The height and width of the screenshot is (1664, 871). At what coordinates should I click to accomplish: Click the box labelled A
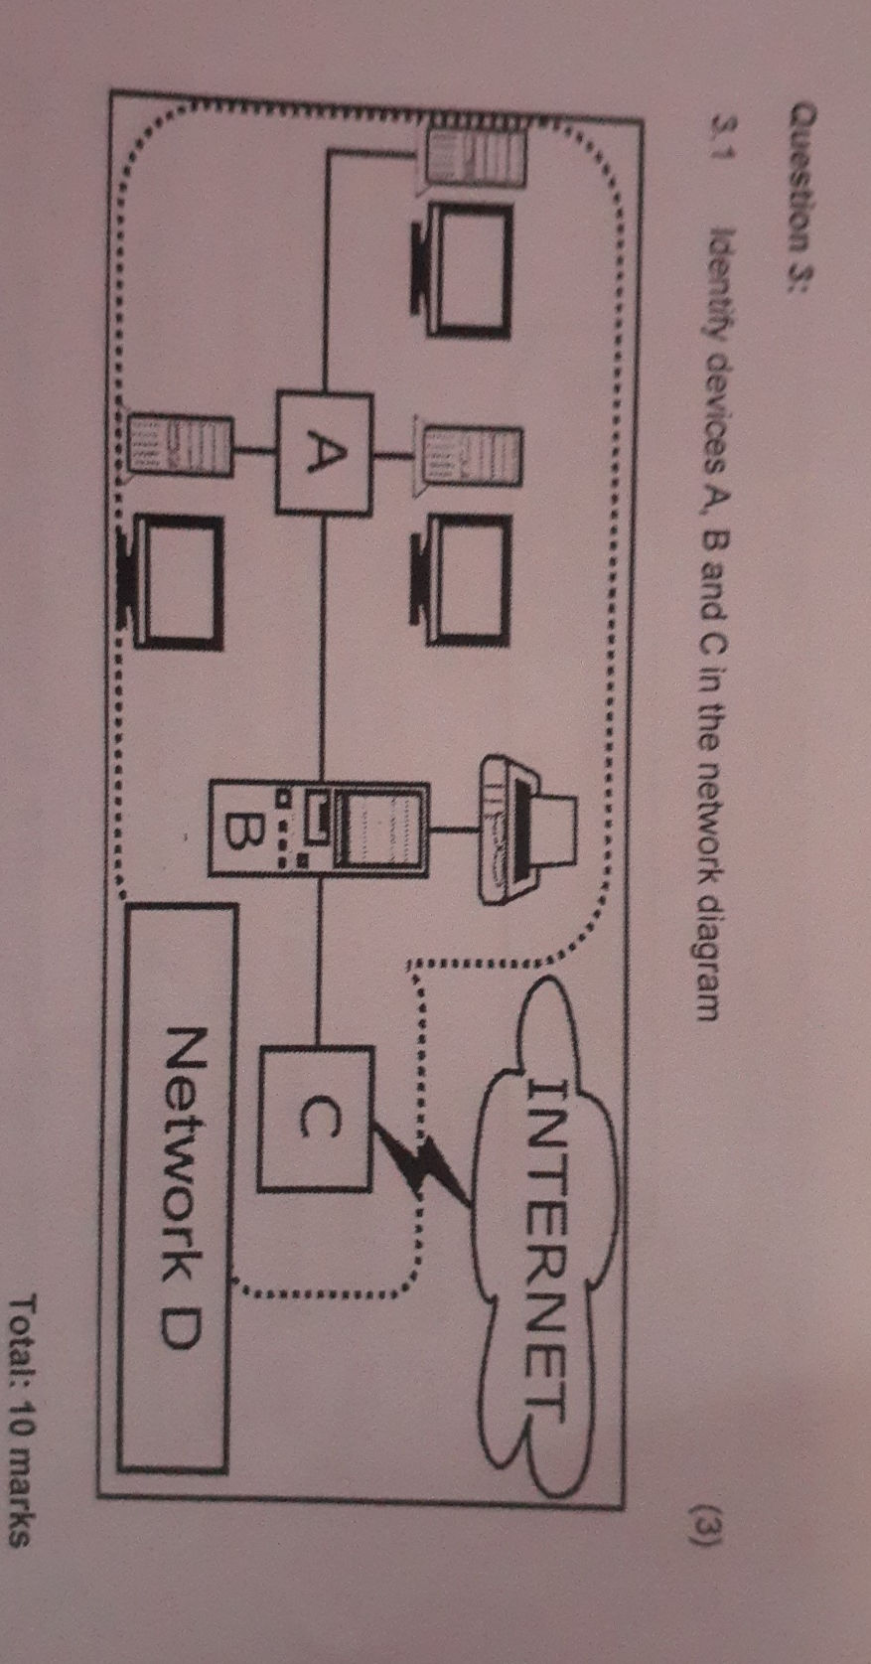(323, 453)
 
